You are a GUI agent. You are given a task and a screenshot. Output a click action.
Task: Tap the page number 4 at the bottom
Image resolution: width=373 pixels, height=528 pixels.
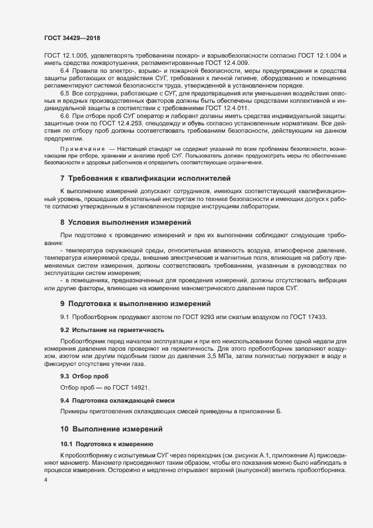point(46,480)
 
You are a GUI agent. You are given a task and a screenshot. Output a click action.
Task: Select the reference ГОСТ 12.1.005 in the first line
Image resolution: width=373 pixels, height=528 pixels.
point(63,56)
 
